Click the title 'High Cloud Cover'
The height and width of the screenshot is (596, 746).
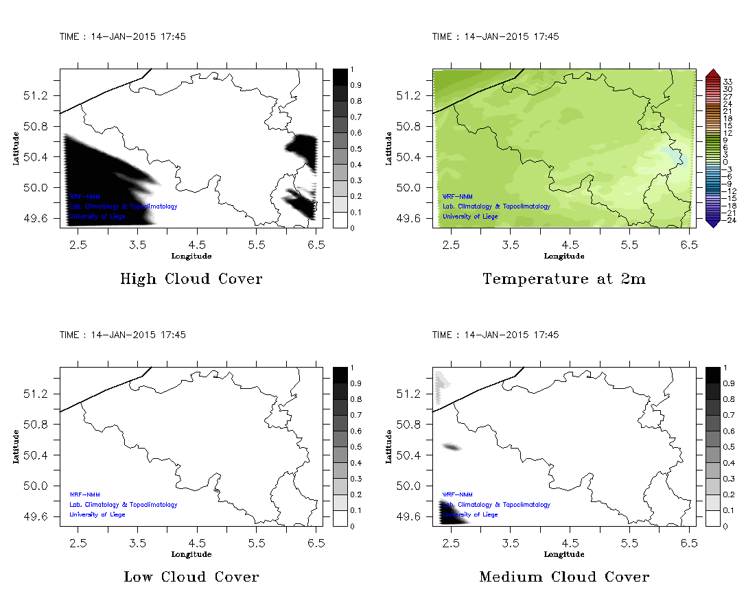(x=191, y=279)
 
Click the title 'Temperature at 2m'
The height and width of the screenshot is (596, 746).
(x=563, y=279)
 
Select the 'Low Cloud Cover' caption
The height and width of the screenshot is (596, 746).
(x=191, y=577)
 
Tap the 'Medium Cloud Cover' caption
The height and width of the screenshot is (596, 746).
(x=563, y=577)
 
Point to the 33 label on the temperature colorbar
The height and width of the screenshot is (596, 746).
(x=728, y=81)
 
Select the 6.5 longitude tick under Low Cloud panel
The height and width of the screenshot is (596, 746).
(x=316, y=543)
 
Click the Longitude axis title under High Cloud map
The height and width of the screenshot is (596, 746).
(x=191, y=256)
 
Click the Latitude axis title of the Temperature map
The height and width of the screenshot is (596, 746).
(x=388, y=148)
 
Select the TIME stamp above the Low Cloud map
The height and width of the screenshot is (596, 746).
(x=122, y=335)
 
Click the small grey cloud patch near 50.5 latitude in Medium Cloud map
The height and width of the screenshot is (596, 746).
(x=452, y=447)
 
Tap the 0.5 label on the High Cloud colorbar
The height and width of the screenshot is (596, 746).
(x=356, y=149)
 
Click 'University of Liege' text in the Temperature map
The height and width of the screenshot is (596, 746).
(x=470, y=217)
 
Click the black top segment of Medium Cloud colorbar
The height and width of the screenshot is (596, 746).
(x=712, y=375)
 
